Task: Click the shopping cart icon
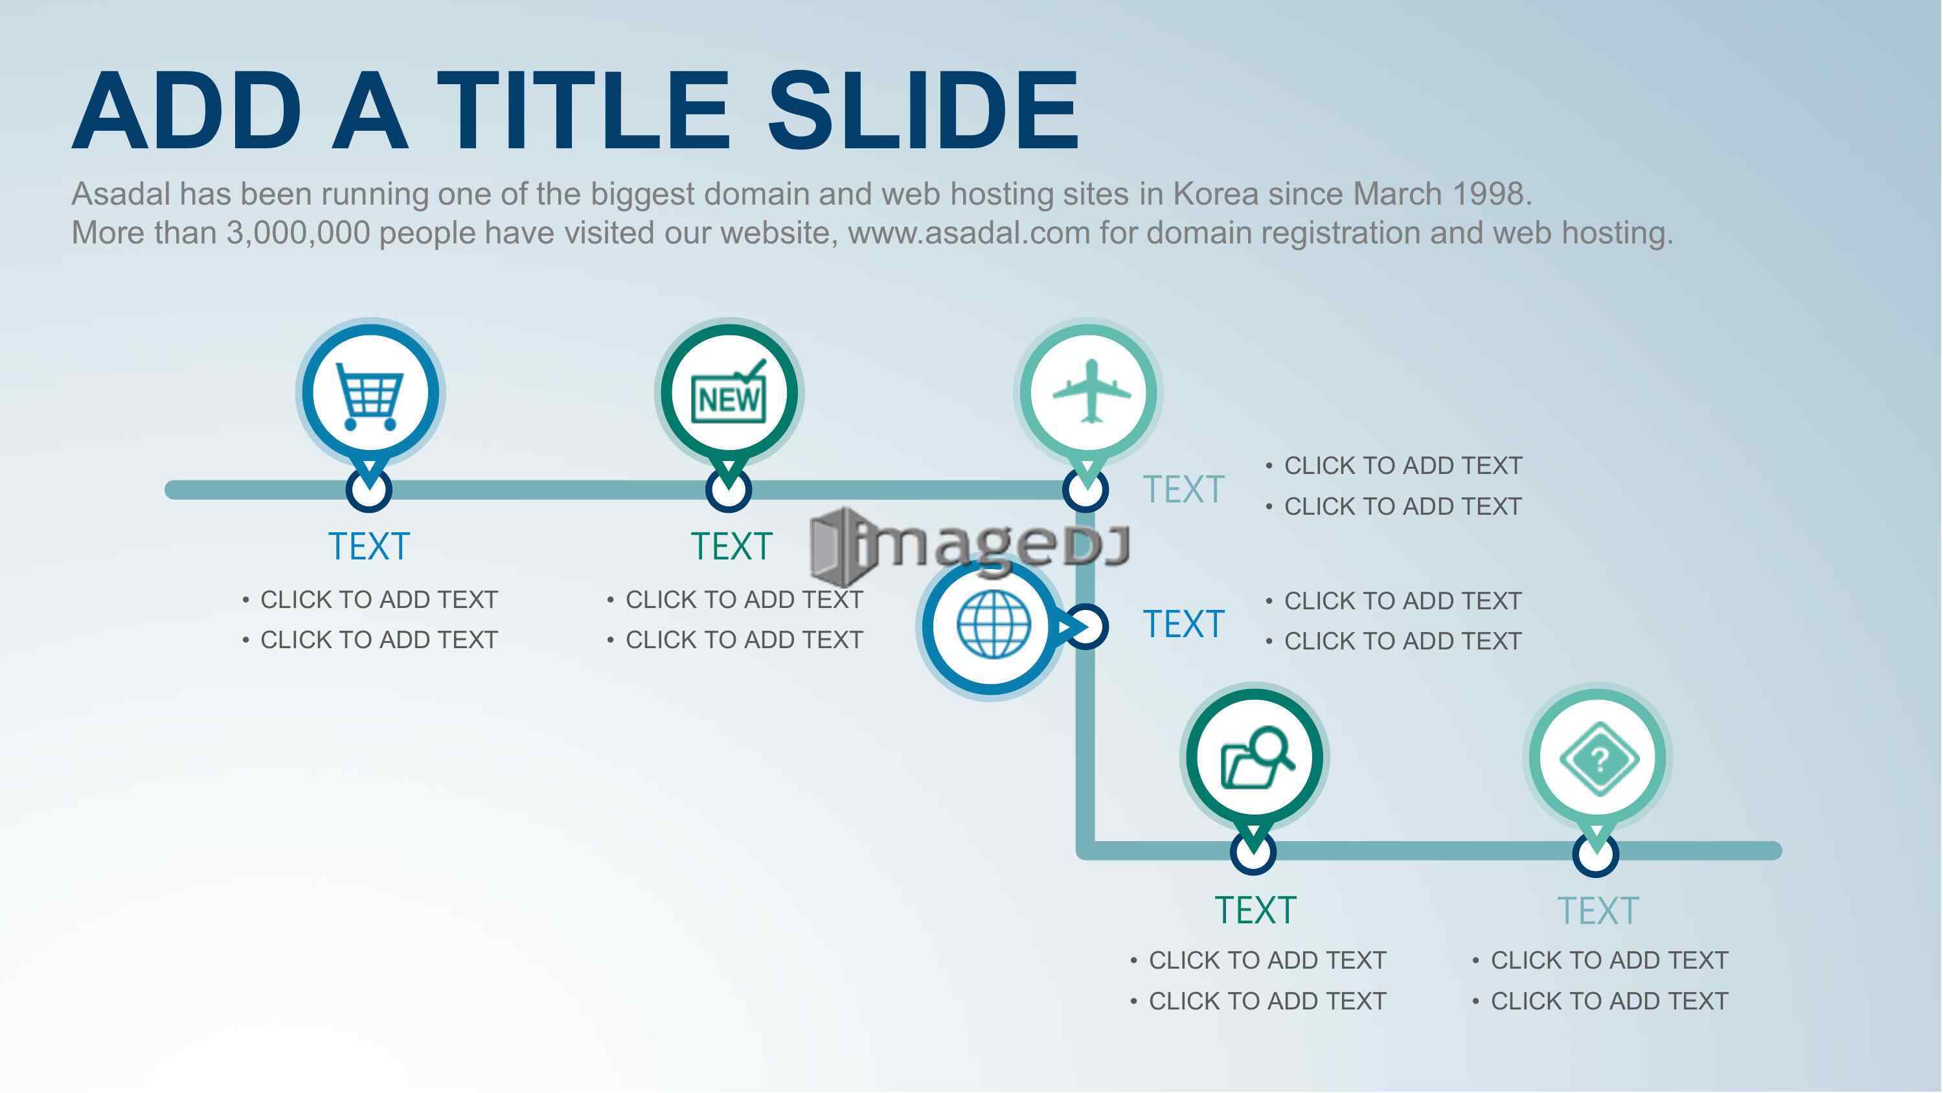(369, 397)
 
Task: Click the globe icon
(994, 624)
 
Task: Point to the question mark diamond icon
(1598, 759)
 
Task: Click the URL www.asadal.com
(970, 233)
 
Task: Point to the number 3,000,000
(298, 234)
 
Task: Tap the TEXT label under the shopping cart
(369, 546)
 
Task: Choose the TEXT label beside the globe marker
(1183, 625)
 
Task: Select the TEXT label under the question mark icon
(1598, 910)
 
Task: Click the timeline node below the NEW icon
(729, 490)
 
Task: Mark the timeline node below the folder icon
(1253, 852)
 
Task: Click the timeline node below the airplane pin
(1085, 490)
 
